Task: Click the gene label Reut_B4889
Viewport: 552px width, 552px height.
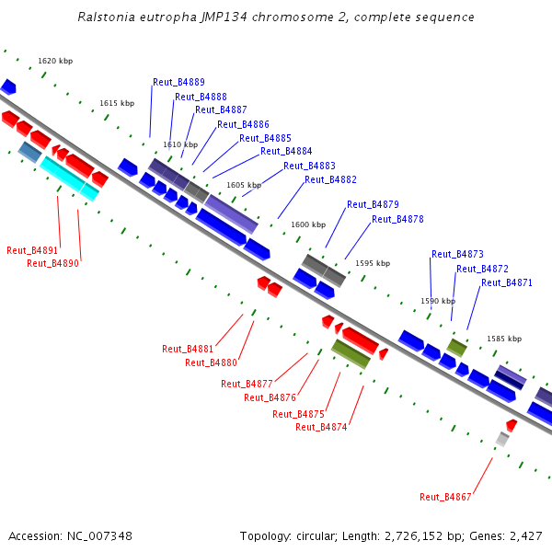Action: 178,82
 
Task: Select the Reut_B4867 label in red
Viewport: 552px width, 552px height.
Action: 445,497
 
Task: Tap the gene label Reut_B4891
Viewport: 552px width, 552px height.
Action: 32,250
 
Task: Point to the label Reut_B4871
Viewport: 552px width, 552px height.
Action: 506,283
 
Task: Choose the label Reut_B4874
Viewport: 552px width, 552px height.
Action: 321,427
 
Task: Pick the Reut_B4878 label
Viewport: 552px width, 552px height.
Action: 397,219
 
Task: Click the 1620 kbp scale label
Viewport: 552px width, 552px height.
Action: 55,62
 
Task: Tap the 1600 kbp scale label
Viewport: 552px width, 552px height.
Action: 308,224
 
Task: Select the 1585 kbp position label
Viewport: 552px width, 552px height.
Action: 504,339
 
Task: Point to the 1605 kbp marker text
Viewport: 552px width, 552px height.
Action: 244,185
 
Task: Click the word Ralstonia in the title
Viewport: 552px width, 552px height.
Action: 109,17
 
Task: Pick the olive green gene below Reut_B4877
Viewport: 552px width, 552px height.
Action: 351,353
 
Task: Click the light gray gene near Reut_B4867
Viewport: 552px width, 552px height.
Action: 502,440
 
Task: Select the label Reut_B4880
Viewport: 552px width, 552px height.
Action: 211,362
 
